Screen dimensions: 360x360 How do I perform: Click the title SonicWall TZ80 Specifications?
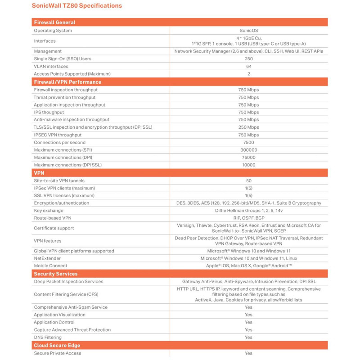point(76,6)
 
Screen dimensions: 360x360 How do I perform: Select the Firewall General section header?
point(54,22)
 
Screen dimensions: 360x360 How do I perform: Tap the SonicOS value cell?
point(248,31)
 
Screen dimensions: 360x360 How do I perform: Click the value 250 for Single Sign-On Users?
point(248,59)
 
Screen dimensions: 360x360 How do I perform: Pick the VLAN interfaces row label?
point(51,66)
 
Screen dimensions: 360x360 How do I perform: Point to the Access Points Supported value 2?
point(248,74)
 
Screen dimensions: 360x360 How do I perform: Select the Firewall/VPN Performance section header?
point(67,82)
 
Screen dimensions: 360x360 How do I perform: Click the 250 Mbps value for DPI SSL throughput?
point(248,127)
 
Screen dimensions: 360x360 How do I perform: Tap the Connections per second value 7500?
point(248,142)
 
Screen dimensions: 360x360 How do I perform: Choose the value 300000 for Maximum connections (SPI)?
point(248,150)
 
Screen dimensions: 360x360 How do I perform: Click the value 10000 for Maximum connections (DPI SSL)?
point(248,165)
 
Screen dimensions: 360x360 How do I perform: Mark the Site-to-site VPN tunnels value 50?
point(248,180)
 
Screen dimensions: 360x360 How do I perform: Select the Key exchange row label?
point(49,211)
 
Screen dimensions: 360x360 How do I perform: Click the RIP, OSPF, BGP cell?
point(248,218)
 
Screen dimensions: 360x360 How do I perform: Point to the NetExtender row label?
point(47,258)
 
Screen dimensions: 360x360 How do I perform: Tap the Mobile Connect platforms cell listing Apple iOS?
point(248,266)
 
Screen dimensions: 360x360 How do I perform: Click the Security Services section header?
point(56,274)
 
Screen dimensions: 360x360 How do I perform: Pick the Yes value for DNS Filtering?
point(248,337)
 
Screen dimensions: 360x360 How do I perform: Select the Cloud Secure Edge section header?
point(57,345)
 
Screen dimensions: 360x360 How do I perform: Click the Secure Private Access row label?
point(58,353)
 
